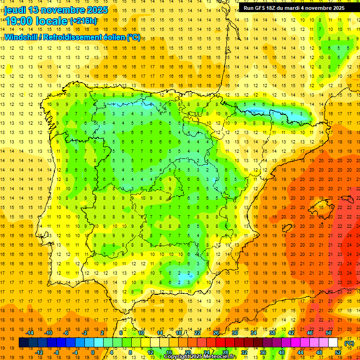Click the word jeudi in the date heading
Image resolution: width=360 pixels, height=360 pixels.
(17, 10)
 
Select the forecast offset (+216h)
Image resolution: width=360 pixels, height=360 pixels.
(83, 21)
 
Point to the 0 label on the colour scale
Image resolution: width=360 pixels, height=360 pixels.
(92, 352)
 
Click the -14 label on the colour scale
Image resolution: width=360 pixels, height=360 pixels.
(30, 333)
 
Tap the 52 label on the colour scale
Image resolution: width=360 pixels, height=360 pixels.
(338, 352)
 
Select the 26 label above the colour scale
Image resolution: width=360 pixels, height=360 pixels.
(216, 333)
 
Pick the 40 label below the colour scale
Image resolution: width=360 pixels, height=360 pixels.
(282, 352)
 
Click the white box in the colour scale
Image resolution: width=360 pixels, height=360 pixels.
(333, 343)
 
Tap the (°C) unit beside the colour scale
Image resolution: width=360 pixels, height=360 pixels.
(349, 343)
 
